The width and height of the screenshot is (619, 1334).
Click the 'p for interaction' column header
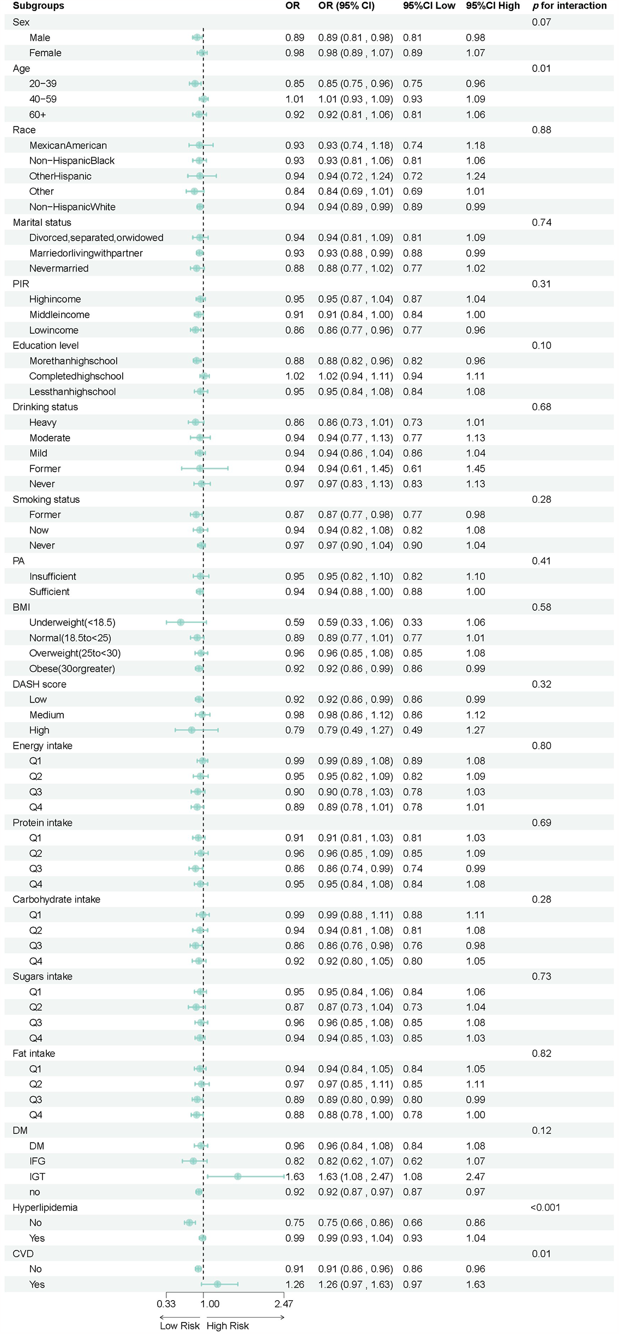pyautogui.click(x=569, y=6)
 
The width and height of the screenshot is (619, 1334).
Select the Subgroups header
pyautogui.click(x=38, y=6)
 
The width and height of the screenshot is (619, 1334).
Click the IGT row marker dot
pyautogui.click(x=238, y=1176)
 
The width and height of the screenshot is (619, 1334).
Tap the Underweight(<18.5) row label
pyautogui.click(x=72, y=622)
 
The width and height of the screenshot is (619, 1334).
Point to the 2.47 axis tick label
pyautogui.click(x=284, y=1304)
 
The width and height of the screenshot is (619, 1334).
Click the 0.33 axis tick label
pyautogui.click(x=166, y=1304)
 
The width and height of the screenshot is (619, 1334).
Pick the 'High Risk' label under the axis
pyautogui.click(x=227, y=1326)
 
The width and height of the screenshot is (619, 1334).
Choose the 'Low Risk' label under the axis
pyautogui.click(x=179, y=1326)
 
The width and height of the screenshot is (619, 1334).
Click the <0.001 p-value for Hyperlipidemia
pyautogui.click(x=545, y=1207)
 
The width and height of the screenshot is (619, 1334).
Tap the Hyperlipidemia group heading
pyautogui.click(x=45, y=1207)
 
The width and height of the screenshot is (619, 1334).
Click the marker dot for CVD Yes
pyautogui.click(x=217, y=1284)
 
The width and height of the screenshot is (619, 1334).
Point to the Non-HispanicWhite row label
pyautogui.click(x=72, y=207)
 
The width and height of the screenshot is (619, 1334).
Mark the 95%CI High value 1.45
pyautogui.click(x=476, y=468)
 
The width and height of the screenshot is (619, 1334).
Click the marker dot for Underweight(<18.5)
pyautogui.click(x=181, y=622)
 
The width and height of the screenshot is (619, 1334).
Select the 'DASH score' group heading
pyautogui.click(x=39, y=684)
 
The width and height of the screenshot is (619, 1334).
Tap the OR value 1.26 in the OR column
pyautogui.click(x=295, y=1284)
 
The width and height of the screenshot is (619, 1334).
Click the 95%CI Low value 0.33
pyautogui.click(x=412, y=622)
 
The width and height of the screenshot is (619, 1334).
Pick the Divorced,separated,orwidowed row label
pyautogui.click(x=96, y=238)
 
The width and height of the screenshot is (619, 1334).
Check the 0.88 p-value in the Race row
pyautogui.click(x=541, y=130)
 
